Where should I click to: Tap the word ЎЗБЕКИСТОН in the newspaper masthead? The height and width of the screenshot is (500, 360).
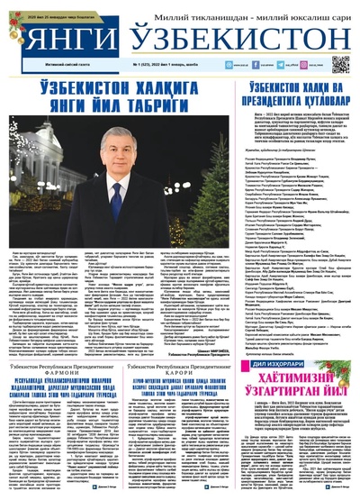pos(238,38)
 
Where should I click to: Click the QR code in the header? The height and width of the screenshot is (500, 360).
pos(339,63)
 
